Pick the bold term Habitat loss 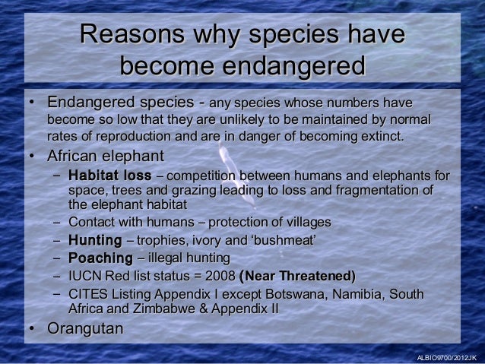click(x=109, y=177)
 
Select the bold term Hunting click(x=94, y=240)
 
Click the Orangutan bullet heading click(x=84, y=331)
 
